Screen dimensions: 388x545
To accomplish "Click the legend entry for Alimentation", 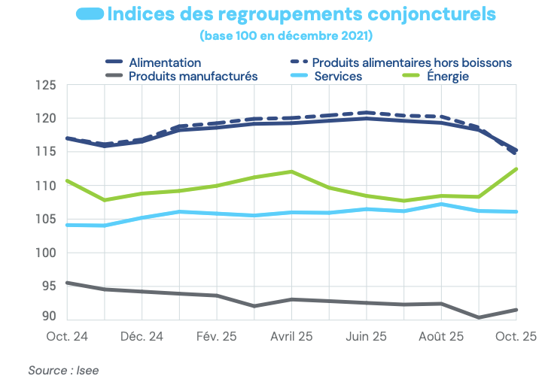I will pos(165,62).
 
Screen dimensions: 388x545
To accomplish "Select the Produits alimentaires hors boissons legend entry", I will pos(412,62).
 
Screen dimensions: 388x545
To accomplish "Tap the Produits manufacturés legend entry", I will pos(193,76).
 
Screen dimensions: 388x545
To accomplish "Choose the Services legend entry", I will pos(338,76).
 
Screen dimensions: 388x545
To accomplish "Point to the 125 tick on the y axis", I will pos(46,86).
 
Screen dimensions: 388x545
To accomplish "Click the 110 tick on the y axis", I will pos(46,186).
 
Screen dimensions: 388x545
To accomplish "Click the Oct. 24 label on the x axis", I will pos(67,335).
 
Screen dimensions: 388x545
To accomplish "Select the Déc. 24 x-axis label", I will pos(142,335).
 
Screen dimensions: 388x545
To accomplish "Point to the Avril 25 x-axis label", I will pos(291,335).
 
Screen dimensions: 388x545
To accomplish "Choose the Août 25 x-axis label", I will pos(441,335).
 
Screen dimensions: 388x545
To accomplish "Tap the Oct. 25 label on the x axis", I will pos(516,335).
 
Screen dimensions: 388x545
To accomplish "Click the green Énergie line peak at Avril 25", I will pos(291,171).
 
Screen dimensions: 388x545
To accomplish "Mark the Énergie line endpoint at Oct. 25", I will pos(516,169).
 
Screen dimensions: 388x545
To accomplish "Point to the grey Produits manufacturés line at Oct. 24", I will pos(68,283).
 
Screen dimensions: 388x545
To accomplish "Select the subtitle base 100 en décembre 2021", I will pos(286,35).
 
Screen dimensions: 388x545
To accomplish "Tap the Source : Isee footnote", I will pos(63,370).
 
